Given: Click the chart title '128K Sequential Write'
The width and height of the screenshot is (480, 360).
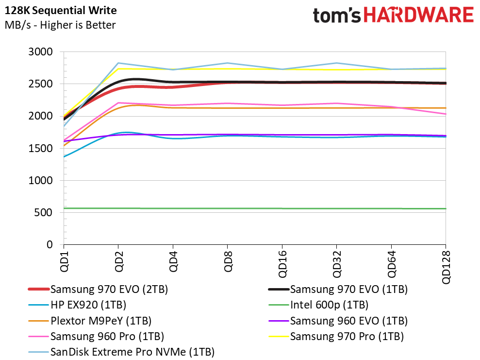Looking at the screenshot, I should coord(61,10).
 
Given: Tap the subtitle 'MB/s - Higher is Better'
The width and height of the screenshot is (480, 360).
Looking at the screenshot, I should coord(60,25).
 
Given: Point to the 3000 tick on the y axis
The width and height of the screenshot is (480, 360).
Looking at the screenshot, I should coord(42,52).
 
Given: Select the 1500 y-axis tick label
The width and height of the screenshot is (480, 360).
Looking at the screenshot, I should coord(42,148).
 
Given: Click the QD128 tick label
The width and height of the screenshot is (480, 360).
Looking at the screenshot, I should coord(446,267).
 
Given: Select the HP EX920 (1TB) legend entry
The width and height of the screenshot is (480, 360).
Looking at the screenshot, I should coord(89,306).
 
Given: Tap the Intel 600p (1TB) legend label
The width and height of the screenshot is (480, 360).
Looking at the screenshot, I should coord(329,306).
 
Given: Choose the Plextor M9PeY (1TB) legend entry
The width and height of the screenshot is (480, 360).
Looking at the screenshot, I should coord(100,321).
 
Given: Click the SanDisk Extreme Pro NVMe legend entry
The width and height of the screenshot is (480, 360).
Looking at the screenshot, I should coord(132,352).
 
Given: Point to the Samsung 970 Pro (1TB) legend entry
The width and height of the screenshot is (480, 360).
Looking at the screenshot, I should coord(347,336).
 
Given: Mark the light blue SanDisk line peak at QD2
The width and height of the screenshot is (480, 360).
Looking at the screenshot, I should coord(118,63).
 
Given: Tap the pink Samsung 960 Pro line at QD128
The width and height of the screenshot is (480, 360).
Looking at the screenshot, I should coord(445,114).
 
